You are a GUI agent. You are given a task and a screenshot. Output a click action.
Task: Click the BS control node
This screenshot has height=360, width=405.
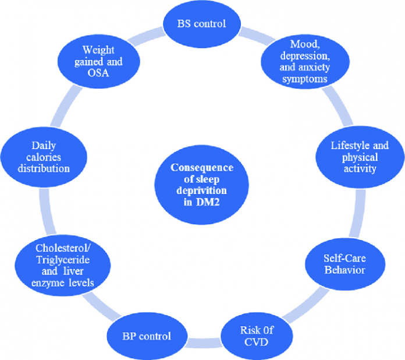pyautogui.click(x=201, y=24)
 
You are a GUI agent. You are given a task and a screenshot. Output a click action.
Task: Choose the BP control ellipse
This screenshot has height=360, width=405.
pyautogui.click(x=146, y=336)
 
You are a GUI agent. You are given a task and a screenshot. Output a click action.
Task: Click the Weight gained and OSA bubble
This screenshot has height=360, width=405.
pyautogui.click(x=94, y=61)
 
